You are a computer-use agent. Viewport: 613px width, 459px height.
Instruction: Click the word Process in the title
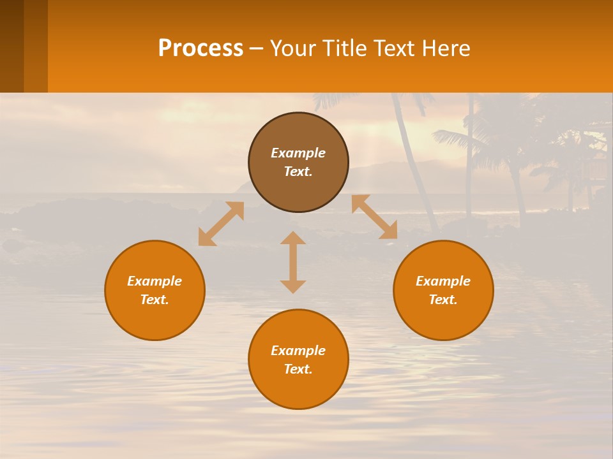point(201,48)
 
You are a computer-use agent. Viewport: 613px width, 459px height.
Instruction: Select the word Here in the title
point(446,48)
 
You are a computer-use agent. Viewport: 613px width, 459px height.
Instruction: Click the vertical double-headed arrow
point(293,262)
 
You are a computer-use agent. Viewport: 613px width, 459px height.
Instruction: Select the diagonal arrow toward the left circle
point(221,224)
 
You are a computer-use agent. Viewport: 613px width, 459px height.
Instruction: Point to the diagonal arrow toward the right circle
point(374,217)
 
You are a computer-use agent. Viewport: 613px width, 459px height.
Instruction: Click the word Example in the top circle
point(298,153)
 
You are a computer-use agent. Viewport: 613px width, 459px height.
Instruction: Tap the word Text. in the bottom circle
point(298,369)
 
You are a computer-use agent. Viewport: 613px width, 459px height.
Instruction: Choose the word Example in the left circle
point(155,281)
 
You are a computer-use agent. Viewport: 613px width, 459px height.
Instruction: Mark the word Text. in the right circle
point(443,300)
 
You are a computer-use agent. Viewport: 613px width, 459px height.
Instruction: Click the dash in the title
point(257,48)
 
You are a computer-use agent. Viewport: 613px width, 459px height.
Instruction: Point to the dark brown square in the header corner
point(11,46)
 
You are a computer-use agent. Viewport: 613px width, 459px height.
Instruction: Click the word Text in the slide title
point(393,48)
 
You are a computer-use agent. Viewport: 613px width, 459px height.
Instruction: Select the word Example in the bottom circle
point(298,351)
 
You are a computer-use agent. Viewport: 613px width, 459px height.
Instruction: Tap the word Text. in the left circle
point(155,300)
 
